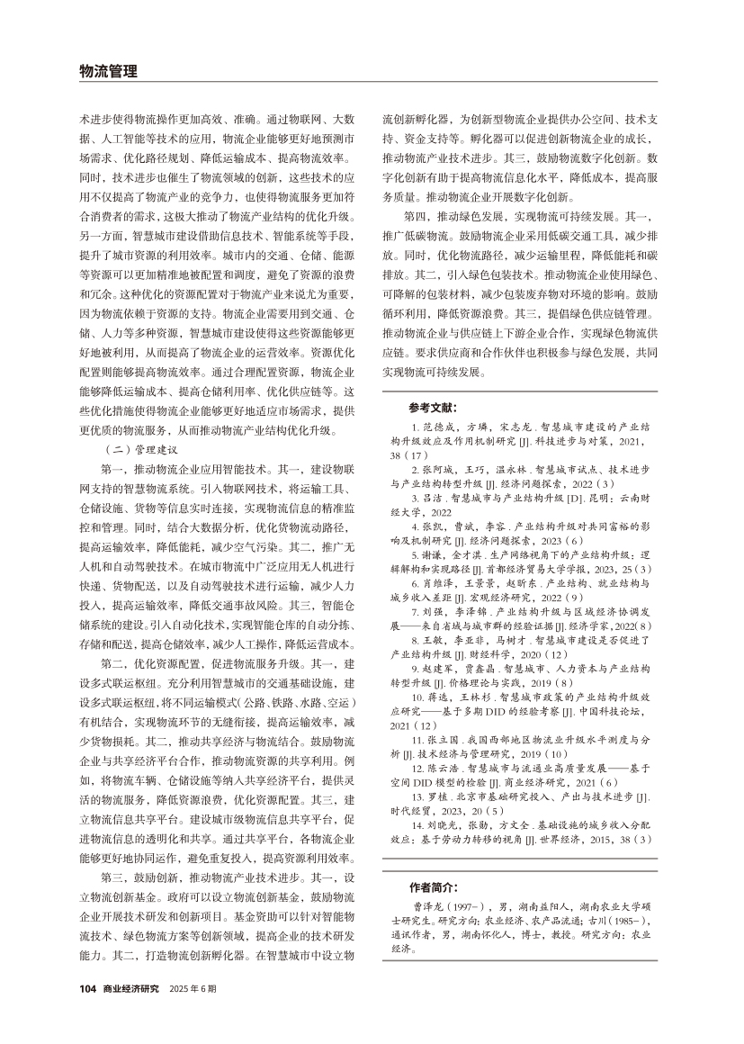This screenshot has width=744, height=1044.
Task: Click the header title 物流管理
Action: pyautogui.click(x=108, y=70)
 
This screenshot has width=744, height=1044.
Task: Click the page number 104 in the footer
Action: pyautogui.click(x=87, y=988)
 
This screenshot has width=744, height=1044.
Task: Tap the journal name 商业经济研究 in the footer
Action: pyautogui.click(x=130, y=988)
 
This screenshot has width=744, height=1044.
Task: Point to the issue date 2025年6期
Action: pyautogui.click(x=193, y=988)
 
